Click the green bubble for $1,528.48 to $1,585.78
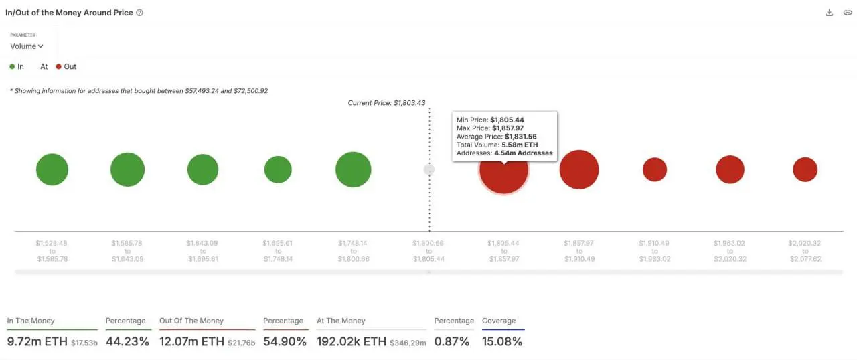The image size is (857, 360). [x=52, y=169]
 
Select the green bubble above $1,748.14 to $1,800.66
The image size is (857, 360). [x=353, y=169]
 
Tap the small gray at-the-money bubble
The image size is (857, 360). [x=429, y=170]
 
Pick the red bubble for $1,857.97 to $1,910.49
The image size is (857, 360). [x=579, y=169]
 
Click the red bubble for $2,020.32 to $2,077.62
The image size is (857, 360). [x=805, y=169]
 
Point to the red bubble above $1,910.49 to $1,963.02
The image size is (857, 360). [x=655, y=169]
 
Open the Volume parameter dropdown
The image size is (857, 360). [x=27, y=46]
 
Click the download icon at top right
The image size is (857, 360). [x=829, y=13]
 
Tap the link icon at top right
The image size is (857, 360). [x=847, y=13]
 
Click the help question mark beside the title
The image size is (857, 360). [x=139, y=13]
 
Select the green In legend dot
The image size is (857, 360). [x=12, y=67]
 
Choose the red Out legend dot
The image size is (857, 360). [x=59, y=67]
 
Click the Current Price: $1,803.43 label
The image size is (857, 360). [x=386, y=103]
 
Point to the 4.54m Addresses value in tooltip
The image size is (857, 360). [x=523, y=153]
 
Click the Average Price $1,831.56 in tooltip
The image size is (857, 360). [x=520, y=137]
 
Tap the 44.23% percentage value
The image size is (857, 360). [x=127, y=341]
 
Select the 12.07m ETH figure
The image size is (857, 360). [x=191, y=341]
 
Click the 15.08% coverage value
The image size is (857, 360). [x=502, y=341]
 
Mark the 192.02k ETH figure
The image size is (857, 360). [x=352, y=341]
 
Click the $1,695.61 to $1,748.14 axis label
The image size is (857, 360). [x=278, y=251]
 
